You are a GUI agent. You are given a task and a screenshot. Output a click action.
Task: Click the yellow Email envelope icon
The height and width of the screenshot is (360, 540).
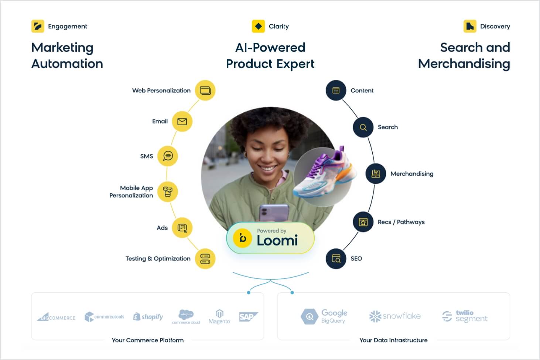click(x=182, y=121)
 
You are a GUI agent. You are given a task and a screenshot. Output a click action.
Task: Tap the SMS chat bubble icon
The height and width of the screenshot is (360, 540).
click(x=168, y=156)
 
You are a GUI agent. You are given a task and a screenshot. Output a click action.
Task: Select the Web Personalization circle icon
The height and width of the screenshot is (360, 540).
click(x=205, y=91)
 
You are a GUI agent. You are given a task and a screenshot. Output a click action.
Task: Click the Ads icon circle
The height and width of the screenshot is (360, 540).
click(x=182, y=228)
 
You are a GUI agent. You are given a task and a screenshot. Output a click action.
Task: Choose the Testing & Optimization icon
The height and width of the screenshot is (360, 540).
click(x=205, y=259)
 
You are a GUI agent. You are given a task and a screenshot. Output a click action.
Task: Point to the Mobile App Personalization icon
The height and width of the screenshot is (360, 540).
click(x=168, y=191)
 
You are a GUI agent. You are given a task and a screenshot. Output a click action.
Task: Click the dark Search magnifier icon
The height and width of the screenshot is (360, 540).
click(x=363, y=127)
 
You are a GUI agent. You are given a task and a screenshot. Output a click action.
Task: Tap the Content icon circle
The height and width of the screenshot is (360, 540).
click(x=336, y=91)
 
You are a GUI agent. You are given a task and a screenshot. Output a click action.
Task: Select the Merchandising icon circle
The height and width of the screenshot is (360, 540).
click(x=376, y=174)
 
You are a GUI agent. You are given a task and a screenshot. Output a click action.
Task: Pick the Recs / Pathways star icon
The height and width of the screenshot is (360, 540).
click(x=363, y=222)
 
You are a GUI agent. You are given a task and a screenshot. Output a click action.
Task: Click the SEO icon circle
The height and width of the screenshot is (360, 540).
click(x=336, y=259)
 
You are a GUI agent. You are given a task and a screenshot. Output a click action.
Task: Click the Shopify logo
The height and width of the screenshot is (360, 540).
click(x=148, y=317)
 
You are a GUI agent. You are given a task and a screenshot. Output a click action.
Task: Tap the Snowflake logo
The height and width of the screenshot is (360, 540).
click(x=395, y=316)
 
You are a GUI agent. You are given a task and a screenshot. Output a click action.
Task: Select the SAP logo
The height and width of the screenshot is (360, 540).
click(x=248, y=317)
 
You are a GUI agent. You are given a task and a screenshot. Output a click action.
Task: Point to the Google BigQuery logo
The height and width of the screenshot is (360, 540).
click(x=324, y=316)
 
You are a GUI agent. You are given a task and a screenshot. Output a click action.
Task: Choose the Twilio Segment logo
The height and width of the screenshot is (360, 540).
click(x=465, y=316)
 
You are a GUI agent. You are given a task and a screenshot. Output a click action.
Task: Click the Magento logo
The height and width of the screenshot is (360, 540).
click(x=219, y=317)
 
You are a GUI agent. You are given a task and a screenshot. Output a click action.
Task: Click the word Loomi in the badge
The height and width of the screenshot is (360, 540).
click(x=277, y=241)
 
